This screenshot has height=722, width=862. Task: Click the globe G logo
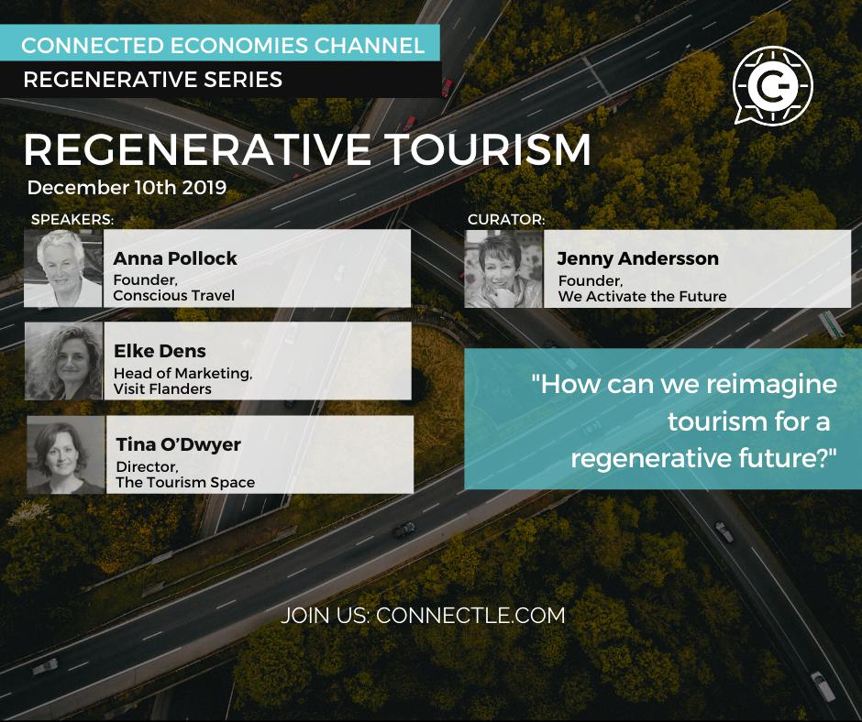click(x=773, y=85)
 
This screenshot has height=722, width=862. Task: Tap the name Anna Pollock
click(x=175, y=258)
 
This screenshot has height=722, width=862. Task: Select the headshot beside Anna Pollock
click(x=63, y=268)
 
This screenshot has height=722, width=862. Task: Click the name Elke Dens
click(x=160, y=351)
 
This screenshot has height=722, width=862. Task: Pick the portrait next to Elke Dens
click(x=64, y=361)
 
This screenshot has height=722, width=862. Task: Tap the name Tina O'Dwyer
click(x=178, y=444)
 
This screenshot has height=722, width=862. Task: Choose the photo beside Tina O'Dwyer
click(x=66, y=454)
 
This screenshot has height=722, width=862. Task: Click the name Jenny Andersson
click(x=637, y=258)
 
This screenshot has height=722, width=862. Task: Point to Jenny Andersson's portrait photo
click(x=504, y=268)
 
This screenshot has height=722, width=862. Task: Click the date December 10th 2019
click(x=127, y=187)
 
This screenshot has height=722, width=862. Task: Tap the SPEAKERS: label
click(x=72, y=219)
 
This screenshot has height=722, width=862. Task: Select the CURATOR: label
click(x=506, y=219)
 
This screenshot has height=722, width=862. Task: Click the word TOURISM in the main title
click(x=487, y=149)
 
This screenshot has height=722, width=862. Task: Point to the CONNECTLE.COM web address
click(x=470, y=616)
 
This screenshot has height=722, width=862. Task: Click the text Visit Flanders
click(x=162, y=389)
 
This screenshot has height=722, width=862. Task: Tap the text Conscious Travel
click(x=173, y=296)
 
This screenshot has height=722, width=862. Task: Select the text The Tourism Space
click(x=185, y=483)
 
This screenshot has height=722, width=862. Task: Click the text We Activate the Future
click(x=642, y=297)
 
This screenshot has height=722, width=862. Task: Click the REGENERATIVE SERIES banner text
click(x=153, y=81)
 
